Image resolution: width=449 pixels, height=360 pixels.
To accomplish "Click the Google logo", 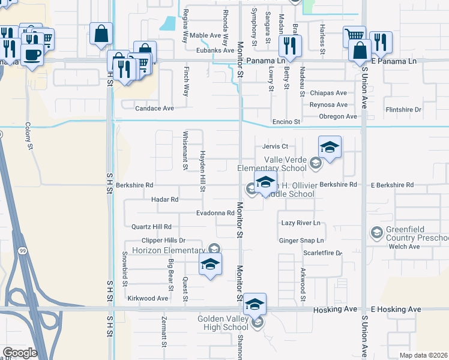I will (x=20, y=353).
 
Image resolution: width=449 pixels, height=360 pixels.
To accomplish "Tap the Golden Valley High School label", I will (x=223, y=323).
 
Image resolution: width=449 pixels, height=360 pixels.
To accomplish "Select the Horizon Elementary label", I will (x=169, y=250).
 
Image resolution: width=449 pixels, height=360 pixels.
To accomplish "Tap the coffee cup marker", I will (x=32, y=55).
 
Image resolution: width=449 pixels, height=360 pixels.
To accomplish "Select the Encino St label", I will (x=286, y=122).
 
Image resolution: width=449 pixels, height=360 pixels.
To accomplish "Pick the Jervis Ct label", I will (x=276, y=146).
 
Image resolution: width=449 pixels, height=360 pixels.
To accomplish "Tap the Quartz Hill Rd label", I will (x=151, y=227).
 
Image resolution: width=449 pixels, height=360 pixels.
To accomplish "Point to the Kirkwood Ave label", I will (x=148, y=298).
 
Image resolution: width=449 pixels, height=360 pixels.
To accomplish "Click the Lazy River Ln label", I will (x=301, y=223).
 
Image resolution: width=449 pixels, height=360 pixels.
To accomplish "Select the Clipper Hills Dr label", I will (x=158, y=240).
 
